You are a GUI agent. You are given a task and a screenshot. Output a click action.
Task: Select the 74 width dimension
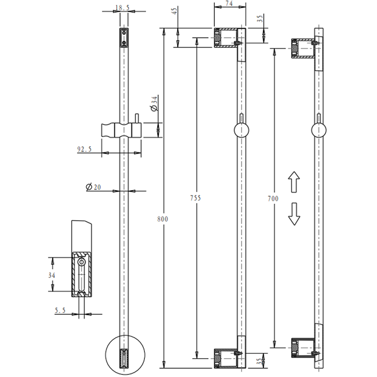pyautogui.click(x=229, y=4)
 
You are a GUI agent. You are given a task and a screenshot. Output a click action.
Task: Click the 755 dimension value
pyautogui.click(x=196, y=198)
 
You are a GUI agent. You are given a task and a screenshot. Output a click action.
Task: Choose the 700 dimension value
pyautogui.click(x=273, y=199)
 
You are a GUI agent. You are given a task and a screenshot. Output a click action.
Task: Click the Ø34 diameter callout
pyautogui.click(x=154, y=103)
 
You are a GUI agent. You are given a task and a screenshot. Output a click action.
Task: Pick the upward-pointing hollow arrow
pyautogui.click(x=294, y=183)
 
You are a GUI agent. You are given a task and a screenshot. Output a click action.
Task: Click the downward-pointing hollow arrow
pyautogui.click(x=294, y=214)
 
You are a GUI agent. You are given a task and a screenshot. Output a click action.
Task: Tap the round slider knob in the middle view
pyautogui.click(x=242, y=130)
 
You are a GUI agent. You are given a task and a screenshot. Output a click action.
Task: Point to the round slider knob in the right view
pyautogui.click(x=319, y=130)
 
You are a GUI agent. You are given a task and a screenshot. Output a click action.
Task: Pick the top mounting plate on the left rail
pyautogui.click(x=124, y=38)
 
